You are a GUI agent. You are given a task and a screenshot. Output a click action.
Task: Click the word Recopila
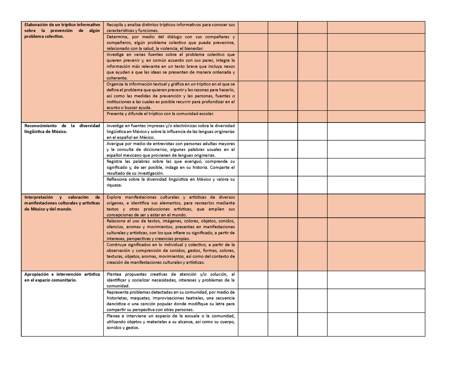(x=115, y=25)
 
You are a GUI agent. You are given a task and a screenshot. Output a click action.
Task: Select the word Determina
(x=116, y=37)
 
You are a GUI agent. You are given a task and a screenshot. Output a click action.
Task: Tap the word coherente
(x=117, y=78)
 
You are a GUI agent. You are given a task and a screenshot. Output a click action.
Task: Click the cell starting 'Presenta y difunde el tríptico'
(x=160, y=114)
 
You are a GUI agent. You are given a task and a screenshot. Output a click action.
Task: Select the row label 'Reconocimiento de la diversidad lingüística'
(x=62, y=128)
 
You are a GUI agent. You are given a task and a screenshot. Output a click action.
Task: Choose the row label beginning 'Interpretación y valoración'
(x=62, y=203)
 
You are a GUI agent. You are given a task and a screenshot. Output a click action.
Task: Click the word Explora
(x=114, y=197)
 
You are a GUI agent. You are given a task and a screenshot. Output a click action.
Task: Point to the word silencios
(x=115, y=227)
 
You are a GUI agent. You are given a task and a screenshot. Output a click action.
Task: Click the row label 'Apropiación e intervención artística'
(x=62, y=277)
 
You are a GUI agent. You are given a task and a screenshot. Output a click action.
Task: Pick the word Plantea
(x=114, y=274)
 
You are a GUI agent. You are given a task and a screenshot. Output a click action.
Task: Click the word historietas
(x=117, y=298)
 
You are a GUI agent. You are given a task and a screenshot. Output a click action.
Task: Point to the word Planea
(x=113, y=316)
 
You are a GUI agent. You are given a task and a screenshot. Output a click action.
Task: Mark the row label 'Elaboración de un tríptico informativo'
(x=62, y=31)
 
